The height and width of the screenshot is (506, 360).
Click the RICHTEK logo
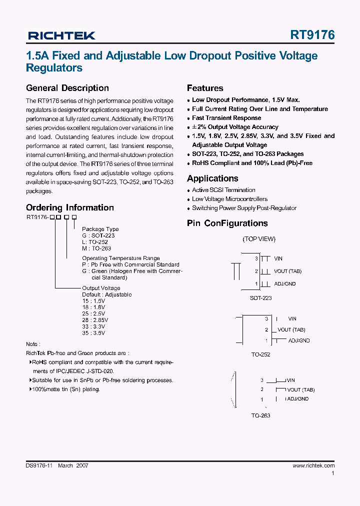[61, 35]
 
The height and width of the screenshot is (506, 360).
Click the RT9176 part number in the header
[312, 35]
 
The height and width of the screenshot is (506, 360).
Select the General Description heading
[67, 88]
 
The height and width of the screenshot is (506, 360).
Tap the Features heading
[205, 88]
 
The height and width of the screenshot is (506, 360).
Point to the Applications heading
[212, 178]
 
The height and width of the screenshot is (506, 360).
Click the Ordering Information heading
[69, 207]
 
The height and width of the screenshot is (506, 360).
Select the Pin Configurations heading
[227, 223]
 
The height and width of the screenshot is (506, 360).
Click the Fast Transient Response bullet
[226, 118]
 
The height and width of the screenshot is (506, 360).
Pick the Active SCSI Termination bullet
[223, 190]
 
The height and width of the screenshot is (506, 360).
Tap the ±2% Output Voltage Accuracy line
[235, 127]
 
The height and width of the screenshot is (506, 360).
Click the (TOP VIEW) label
[259, 239]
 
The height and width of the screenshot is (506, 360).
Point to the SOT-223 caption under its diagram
[260, 298]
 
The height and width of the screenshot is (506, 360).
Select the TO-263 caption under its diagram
[260, 415]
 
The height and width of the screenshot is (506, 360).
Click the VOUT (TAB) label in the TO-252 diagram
[291, 329]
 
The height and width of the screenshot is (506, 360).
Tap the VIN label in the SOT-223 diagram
[278, 258]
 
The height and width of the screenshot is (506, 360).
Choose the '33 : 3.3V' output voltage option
[93, 326]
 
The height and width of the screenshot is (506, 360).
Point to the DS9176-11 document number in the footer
[39, 465]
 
